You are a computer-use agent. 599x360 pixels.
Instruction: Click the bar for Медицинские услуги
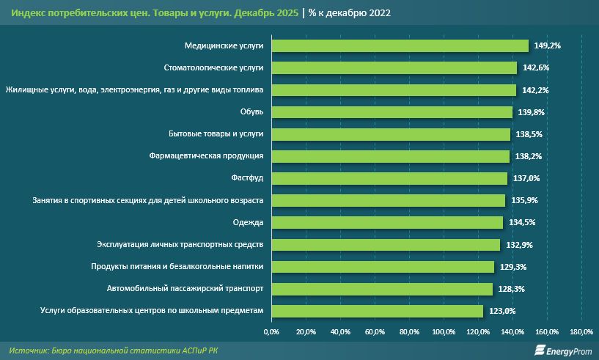click(400, 45)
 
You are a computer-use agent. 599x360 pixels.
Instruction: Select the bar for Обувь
click(392, 112)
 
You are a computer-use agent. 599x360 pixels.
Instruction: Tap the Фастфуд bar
click(389, 178)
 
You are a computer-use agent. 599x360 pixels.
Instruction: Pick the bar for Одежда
click(387, 222)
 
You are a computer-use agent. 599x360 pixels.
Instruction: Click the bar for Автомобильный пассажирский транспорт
click(381, 289)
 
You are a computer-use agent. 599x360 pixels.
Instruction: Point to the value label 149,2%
click(548, 45)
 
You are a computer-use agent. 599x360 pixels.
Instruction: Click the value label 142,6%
click(537, 67)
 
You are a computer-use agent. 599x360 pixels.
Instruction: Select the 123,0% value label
click(503, 311)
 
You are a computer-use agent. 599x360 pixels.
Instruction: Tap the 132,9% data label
click(521, 244)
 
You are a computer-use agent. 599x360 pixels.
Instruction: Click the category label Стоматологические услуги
click(213, 67)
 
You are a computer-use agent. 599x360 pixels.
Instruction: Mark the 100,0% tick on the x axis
click(444, 333)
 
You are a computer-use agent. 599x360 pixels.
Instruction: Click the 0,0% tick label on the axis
click(271, 333)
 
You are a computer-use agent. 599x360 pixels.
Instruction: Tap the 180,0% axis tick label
click(581, 333)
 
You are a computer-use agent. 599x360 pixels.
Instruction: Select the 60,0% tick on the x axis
click(375, 333)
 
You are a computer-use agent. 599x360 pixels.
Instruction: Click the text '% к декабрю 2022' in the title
click(350, 13)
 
